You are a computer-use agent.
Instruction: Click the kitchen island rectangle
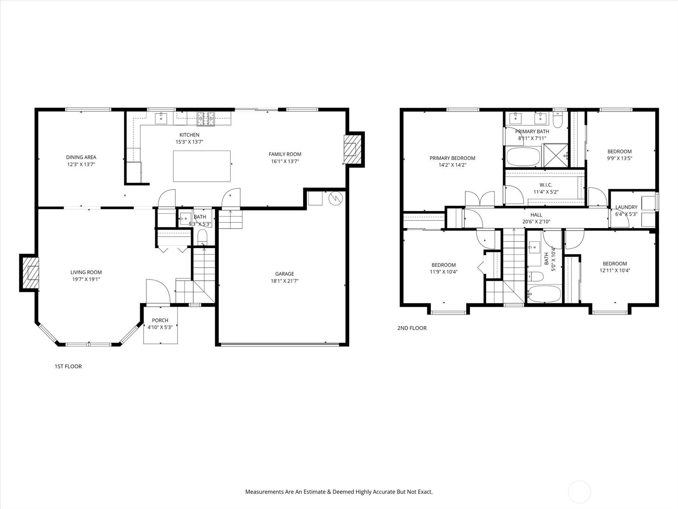[x=202, y=166]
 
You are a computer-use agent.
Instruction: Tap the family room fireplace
[x=353, y=150]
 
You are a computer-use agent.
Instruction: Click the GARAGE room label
[x=284, y=274]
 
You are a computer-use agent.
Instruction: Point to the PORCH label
[x=160, y=320]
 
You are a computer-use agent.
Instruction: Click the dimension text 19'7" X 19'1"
[x=86, y=280]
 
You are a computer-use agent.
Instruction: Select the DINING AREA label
[x=81, y=157]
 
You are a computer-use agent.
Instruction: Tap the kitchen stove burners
[x=206, y=119]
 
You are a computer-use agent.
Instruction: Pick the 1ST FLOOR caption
[x=68, y=366]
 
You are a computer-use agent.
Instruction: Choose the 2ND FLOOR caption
[x=412, y=328]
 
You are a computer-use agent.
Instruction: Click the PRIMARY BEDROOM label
[x=452, y=158]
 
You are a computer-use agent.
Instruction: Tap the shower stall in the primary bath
[x=556, y=155]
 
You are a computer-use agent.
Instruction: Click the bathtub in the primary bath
[x=523, y=157]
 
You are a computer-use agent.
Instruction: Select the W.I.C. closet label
[x=546, y=185]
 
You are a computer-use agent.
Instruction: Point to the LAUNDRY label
[x=626, y=207]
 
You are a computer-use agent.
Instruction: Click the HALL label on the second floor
[x=536, y=215]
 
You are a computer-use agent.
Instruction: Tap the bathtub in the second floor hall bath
[x=544, y=294]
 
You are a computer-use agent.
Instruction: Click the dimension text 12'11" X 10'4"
[x=615, y=271]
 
